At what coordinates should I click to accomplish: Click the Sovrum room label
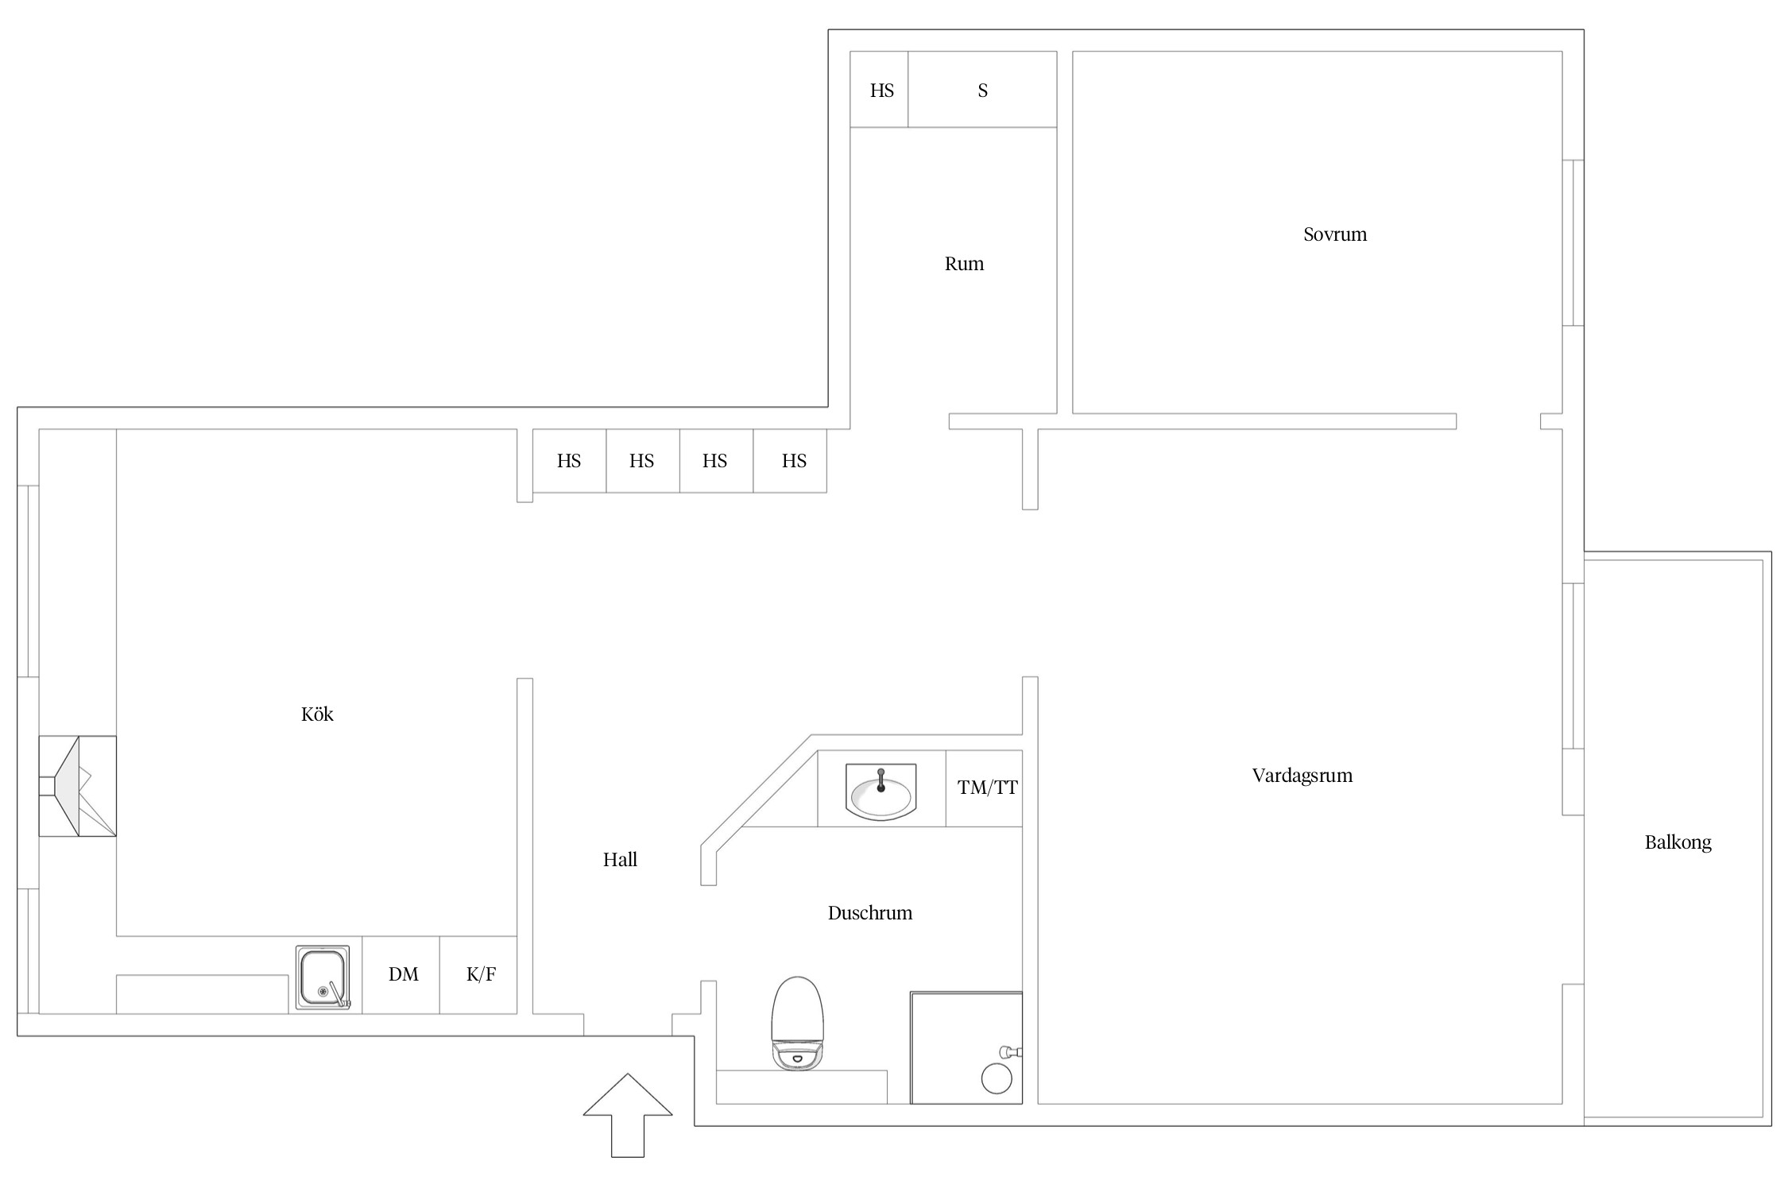(1335, 234)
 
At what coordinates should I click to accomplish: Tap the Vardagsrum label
(1302, 776)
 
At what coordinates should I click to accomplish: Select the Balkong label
(1678, 842)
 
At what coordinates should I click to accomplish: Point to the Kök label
(317, 714)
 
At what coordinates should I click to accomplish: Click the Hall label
(620, 860)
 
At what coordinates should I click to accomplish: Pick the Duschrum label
(869, 913)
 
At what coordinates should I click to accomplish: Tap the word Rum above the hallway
(964, 264)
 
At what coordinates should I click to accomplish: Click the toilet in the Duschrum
(797, 1024)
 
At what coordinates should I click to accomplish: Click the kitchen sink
(323, 978)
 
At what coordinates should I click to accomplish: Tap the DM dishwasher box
(403, 974)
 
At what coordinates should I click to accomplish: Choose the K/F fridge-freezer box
(480, 974)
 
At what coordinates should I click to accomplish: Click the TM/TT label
(987, 788)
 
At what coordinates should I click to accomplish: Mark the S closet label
(982, 91)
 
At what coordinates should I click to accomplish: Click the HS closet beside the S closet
(881, 91)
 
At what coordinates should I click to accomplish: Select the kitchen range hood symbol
(78, 786)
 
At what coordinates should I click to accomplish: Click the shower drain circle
(997, 1079)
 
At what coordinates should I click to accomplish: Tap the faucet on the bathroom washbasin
(880, 780)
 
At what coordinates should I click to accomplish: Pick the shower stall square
(966, 1047)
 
